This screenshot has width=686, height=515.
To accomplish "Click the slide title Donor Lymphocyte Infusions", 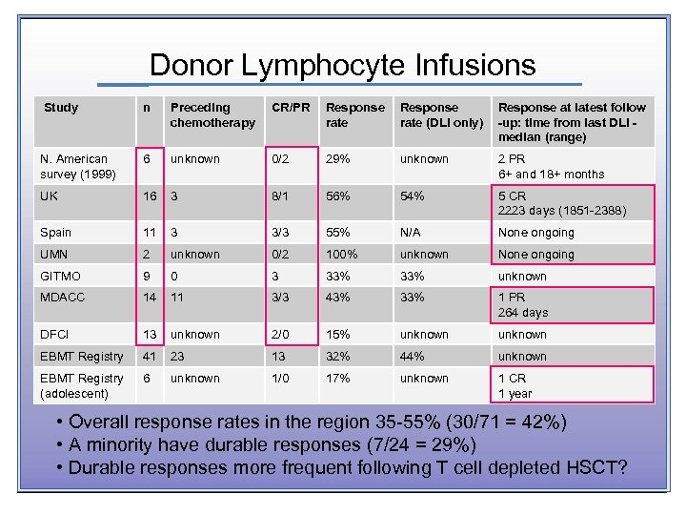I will (x=343, y=66).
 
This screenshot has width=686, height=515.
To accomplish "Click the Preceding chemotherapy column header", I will (x=212, y=115).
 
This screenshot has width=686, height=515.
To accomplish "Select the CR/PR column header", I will (x=291, y=108).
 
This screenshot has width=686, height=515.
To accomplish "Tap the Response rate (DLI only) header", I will (x=441, y=115).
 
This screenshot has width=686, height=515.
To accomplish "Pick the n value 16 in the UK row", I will (x=148, y=196).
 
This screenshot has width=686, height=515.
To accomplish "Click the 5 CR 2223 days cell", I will (x=562, y=204).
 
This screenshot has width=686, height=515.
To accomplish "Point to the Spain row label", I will (x=56, y=233).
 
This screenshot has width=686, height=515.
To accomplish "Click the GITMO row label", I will (x=61, y=277).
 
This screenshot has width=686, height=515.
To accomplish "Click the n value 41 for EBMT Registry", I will (x=148, y=357).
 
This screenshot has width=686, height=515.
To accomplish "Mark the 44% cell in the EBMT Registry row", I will (x=412, y=357).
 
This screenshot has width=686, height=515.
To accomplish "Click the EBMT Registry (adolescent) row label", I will (x=82, y=385).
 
